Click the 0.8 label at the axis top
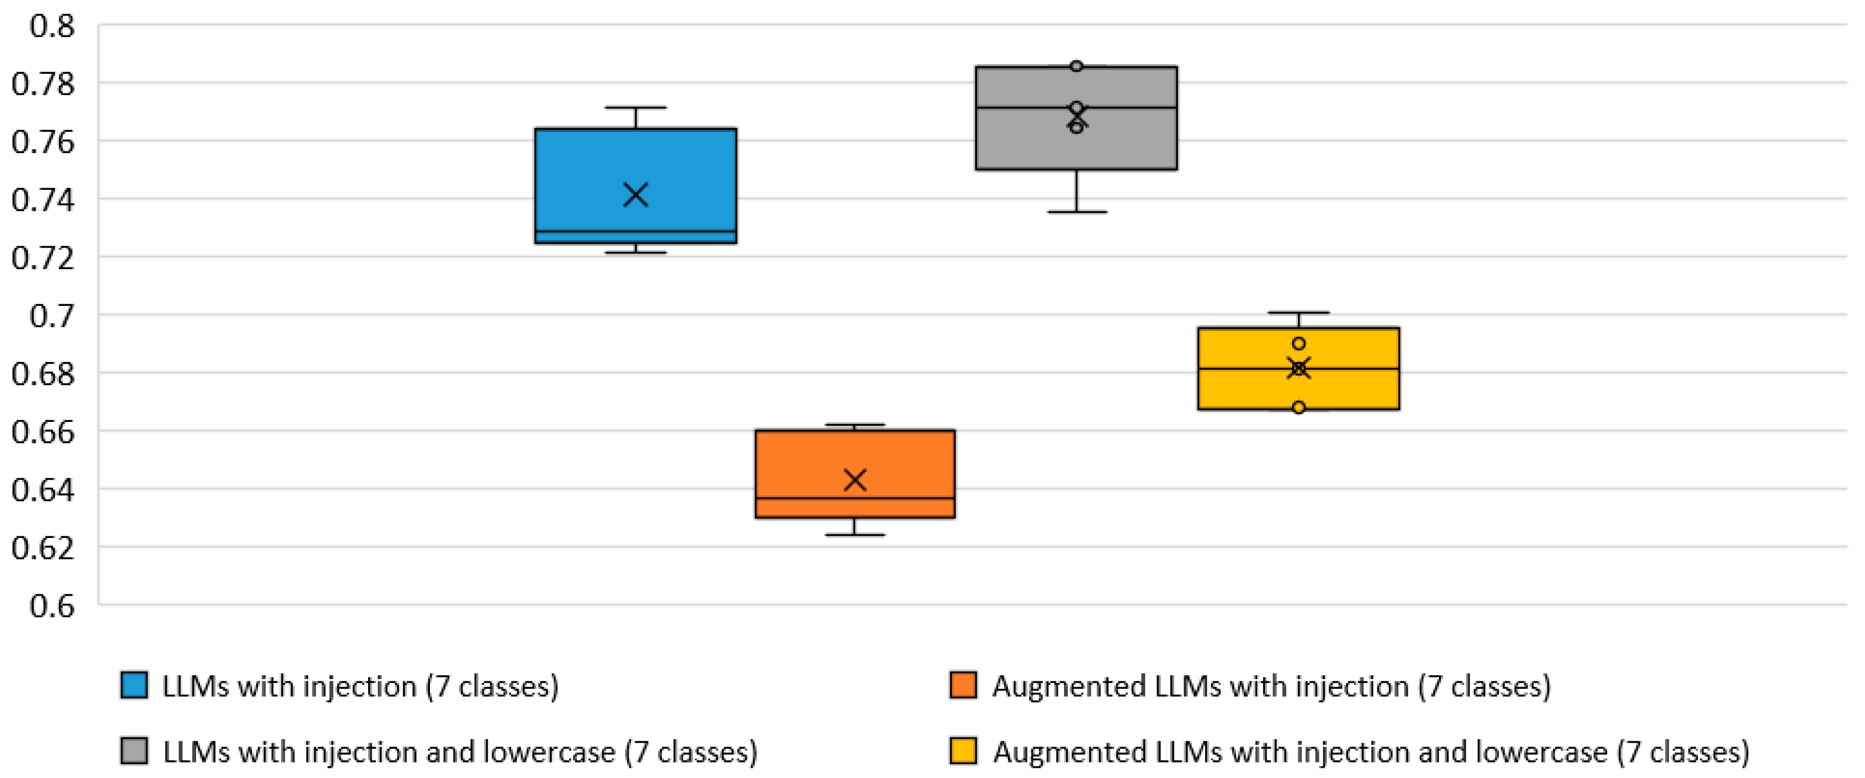click(52, 26)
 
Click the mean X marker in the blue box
click(636, 195)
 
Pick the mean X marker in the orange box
click(855, 480)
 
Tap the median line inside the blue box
click(636, 232)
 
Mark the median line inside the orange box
click(855, 498)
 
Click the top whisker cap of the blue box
click(636, 108)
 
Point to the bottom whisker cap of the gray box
click(1077, 212)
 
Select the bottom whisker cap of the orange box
click(855, 535)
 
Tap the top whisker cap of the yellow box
click(1299, 313)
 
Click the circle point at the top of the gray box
click(1077, 66)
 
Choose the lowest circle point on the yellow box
click(1299, 408)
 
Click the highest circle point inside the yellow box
click(1299, 344)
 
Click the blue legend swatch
click(134, 685)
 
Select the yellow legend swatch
click(963, 751)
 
